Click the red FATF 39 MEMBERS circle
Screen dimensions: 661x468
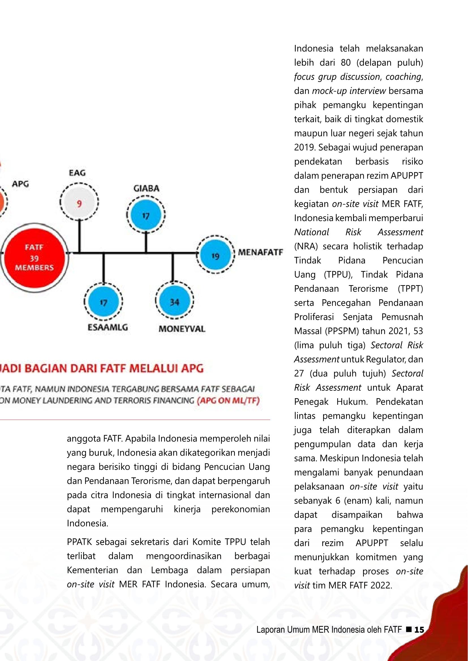coord(34,257)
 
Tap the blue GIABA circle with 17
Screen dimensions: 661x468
coord(146,216)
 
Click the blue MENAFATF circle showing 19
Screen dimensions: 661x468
coord(215,256)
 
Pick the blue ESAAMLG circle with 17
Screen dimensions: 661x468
coord(104,302)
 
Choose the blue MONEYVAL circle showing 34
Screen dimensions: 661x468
coord(174,302)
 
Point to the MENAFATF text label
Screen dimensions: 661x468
coord(260,252)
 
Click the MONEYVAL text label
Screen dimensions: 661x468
coord(182,329)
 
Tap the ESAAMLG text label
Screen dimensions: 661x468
coord(108,327)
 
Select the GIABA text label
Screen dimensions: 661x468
coord(146,188)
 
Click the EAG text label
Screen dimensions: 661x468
coord(77,173)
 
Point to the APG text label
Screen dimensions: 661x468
coord(20,184)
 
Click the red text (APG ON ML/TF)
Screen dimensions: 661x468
coord(228,401)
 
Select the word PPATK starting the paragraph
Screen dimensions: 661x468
coord(79,542)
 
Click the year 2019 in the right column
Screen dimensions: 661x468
coord(305,148)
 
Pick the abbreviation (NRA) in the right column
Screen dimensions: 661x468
coord(306,246)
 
